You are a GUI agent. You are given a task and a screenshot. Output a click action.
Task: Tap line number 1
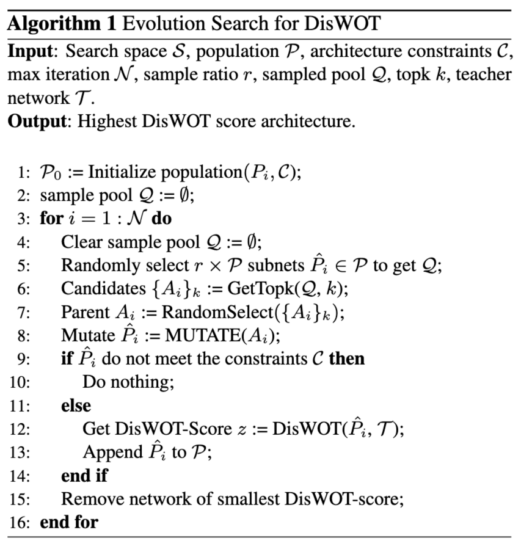click(23, 172)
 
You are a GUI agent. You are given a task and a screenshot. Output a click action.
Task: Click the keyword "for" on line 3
click(51, 219)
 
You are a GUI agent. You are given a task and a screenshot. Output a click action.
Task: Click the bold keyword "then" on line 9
click(346, 358)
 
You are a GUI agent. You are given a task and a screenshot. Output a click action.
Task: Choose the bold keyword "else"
click(76, 405)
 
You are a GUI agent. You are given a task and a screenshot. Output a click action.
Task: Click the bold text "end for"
click(68, 522)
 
